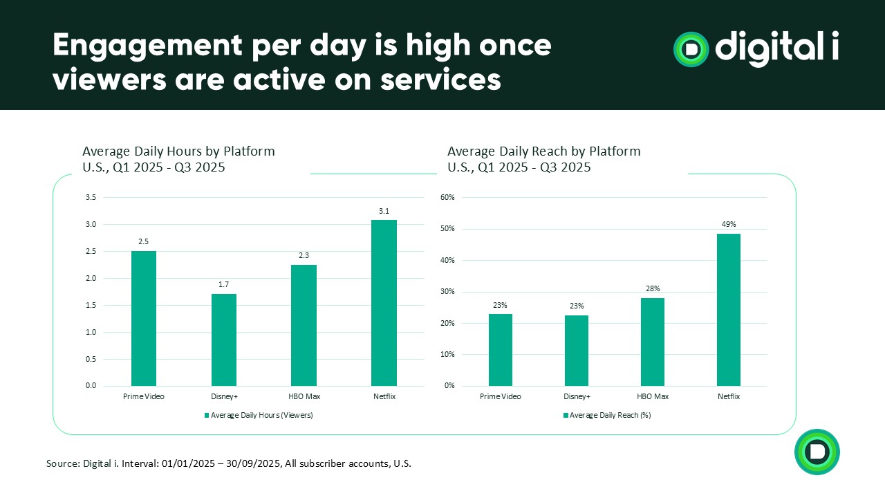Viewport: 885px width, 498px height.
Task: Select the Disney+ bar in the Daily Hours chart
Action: coord(224,340)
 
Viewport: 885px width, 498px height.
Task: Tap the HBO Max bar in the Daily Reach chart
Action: coord(653,342)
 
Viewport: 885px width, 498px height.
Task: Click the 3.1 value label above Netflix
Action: coord(384,211)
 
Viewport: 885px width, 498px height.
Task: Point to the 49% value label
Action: coord(729,224)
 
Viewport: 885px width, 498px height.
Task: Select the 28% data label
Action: coord(653,288)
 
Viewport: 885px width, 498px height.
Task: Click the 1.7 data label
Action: coord(224,284)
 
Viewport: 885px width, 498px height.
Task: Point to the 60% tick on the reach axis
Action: coord(447,197)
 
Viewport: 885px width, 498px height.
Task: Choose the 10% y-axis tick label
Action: coord(447,354)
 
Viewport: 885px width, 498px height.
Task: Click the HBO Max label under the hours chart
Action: coord(304,396)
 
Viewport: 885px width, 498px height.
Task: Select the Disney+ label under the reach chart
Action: coord(577,396)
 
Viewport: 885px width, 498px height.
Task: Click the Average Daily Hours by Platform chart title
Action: coord(178,151)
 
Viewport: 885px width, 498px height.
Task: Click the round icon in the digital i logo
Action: coord(691,49)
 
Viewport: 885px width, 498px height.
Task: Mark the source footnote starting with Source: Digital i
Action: coord(228,463)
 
